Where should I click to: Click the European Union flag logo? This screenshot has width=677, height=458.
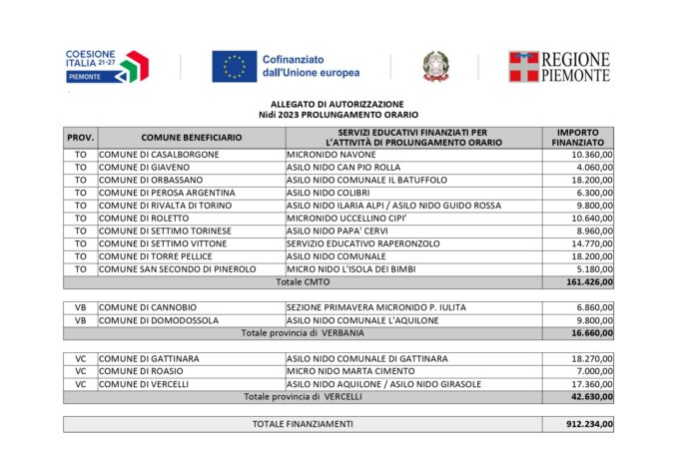[x=234, y=66]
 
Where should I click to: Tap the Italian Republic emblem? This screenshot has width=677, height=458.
[x=435, y=66]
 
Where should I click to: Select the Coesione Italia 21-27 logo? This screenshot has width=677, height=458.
[x=108, y=66]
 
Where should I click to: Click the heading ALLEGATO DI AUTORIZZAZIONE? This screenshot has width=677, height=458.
[x=338, y=104]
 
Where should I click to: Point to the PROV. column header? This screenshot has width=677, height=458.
[x=80, y=137]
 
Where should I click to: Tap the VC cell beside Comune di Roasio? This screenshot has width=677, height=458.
[x=80, y=371]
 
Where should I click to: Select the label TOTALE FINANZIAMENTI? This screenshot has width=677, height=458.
[x=302, y=424]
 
